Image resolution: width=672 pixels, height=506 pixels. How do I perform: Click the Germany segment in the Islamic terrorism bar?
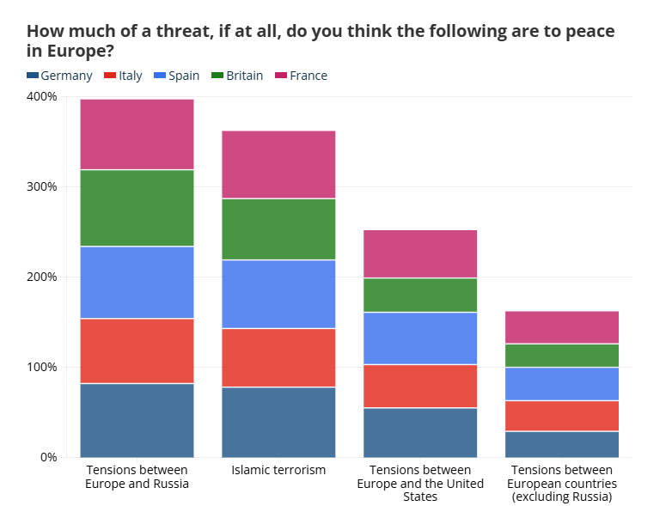click(278, 422)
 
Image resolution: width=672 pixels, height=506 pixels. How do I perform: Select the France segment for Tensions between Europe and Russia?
click(137, 134)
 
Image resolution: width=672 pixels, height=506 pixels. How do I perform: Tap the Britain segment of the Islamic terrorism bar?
click(278, 229)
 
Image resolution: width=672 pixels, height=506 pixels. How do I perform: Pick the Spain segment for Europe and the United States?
click(420, 338)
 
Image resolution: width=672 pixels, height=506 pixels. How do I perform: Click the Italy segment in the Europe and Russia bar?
click(137, 351)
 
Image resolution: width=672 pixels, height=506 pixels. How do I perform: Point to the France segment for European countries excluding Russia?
click(562, 327)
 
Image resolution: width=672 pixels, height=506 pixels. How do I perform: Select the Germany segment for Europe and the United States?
click(420, 432)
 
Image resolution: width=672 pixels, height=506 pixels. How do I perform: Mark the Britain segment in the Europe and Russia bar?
click(137, 208)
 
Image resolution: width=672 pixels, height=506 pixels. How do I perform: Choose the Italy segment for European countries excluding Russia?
click(562, 416)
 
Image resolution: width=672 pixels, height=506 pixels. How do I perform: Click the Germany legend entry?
click(59, 76)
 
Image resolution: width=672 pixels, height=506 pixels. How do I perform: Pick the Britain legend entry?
click(237, 76)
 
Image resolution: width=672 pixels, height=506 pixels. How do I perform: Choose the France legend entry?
click(301, 76)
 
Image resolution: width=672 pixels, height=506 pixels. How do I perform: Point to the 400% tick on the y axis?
click(42, 96)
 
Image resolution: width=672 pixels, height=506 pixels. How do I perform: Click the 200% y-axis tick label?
click(42, 277)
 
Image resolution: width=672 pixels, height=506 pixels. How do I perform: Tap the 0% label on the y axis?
click(47, 457)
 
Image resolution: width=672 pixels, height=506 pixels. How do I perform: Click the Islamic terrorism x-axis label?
click(278, 470)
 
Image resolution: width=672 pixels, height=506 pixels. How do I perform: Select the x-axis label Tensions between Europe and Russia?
click(137, 477)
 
